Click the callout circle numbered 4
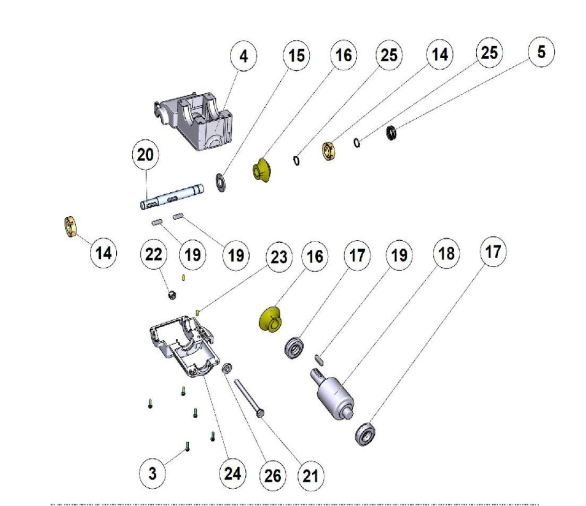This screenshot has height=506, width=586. click(x=243, y=57)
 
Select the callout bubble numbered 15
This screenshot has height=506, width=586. click(x=296, y=56)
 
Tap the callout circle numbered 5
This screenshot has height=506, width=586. click(x=541, y=52)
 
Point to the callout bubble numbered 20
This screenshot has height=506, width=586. click(x=146, y=155)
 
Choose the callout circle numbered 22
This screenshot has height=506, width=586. click(x=154, y=254)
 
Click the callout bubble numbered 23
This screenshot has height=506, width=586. click(x=279, y=257)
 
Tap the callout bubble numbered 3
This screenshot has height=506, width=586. click(x=153, y=473)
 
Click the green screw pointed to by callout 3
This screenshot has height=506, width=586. click(x=188, y=447)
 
